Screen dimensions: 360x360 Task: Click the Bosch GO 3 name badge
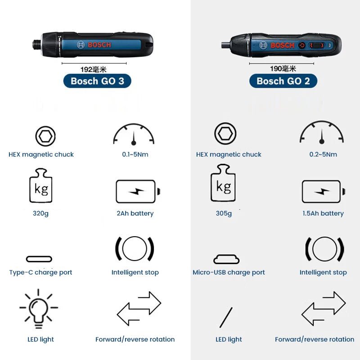tap(97, 81)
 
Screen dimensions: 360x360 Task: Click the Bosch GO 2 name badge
tap(283, 81)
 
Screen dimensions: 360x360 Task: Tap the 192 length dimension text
tap(93, 69)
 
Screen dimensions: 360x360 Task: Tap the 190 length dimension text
tap(283, 69)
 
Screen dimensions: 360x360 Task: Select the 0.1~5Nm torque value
tap(135, 154)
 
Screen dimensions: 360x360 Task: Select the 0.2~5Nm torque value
tap(323, 154)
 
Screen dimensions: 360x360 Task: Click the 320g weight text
tap(40, 213)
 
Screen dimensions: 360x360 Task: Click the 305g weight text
tap(224, 213)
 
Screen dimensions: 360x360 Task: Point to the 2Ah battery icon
tap(137, 191)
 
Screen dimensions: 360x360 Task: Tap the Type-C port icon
tap(39, 259)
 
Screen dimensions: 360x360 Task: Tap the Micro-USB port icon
tap(226, 259)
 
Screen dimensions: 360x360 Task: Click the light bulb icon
tap(39, 309)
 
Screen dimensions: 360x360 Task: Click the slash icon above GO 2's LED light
tap(226, 317)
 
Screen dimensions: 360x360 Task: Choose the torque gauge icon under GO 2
tap(322, 134)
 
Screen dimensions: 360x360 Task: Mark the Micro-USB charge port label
tap(229, 272)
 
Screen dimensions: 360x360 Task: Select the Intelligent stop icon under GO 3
tap(135, 248)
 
